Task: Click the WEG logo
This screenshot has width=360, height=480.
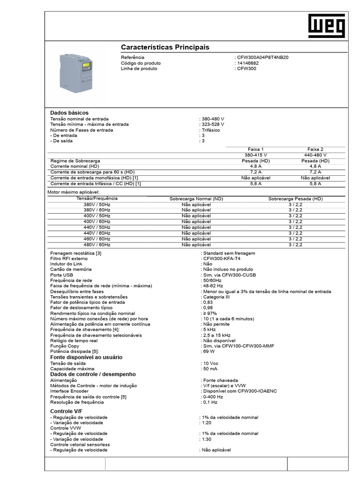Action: coord(326,26)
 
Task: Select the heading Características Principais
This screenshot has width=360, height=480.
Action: coord(165,47)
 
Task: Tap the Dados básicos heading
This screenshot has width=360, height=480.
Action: coord(69,113)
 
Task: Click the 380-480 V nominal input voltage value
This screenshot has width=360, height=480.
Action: coord(213,119)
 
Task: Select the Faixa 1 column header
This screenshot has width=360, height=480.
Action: coord(255,149)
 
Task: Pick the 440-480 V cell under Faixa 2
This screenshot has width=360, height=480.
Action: coord(315,155)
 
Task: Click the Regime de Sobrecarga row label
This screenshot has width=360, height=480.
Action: coord(75,161)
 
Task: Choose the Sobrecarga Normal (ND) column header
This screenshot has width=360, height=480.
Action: coord(196,199)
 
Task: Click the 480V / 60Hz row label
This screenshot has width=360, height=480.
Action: coord(97,245)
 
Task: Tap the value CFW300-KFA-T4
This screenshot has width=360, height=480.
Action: coord(221,259)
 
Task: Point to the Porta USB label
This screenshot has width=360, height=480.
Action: coord(62,275)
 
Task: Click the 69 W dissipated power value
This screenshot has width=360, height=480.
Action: coord(209,351)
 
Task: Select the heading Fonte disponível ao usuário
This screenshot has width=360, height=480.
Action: coord(86,357)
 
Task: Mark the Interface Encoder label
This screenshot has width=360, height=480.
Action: coord(69,391)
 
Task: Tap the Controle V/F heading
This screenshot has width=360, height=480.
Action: coord(66,411)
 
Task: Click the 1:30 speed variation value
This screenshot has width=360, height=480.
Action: coord(207,439)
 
